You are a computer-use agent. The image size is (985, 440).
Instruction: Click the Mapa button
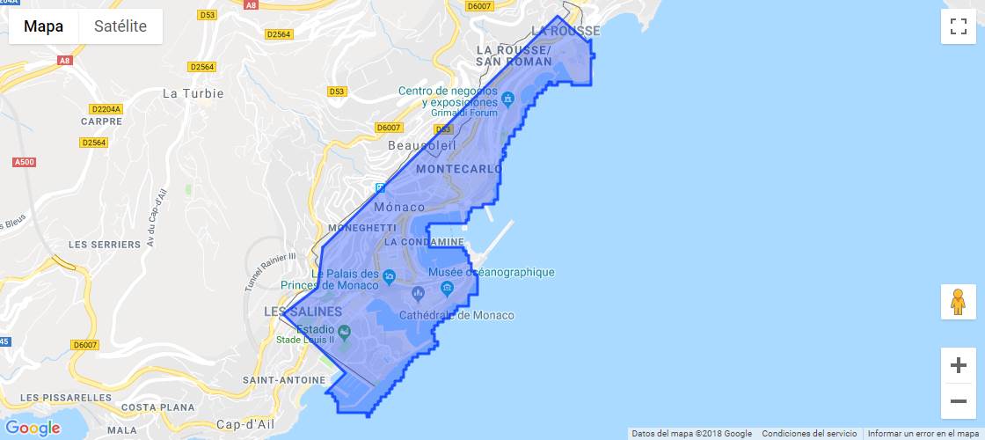(44, 26)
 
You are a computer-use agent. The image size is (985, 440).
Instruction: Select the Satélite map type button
(120, 26)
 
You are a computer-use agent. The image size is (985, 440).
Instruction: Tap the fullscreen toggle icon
(958, 26)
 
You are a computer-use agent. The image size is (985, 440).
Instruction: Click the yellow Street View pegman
(958, 302)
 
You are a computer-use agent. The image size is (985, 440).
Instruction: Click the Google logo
(33, 429)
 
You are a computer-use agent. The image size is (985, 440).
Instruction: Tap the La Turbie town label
(193, 93)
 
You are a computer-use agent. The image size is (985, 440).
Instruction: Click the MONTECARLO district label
(459, 168)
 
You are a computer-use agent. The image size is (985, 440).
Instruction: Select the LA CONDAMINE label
(424, 241)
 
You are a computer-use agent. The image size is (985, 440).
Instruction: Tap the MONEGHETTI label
(361, 227)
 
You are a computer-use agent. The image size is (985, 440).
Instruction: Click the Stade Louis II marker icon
(344, 332)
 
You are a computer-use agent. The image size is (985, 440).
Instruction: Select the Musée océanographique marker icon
(448, 288)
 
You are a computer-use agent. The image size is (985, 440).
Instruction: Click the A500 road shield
(25, 162)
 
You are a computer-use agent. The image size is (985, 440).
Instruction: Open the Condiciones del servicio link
(809, 434)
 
